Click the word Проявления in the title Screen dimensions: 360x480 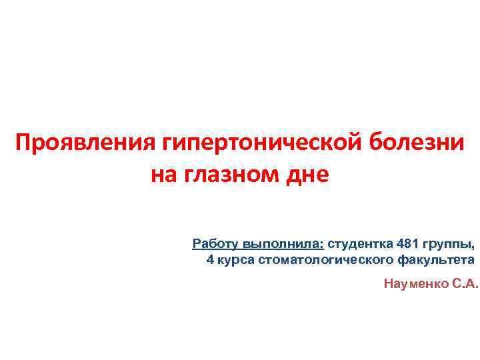pos(85,143)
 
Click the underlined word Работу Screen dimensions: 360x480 pos(215,241)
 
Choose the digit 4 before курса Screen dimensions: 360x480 pos(210,259)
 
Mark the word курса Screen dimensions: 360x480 pos(233,259)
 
